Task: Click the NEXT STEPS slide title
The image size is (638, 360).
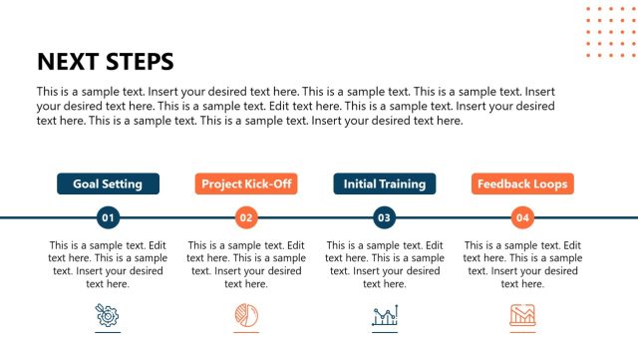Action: [105, 62]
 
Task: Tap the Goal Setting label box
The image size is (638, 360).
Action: [108, 183]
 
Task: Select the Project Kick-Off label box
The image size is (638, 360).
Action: [246, 183]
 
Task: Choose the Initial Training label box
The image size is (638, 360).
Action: [385, 183]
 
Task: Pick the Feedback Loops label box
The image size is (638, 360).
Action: [522, 183]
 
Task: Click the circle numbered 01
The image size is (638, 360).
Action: [108, 217]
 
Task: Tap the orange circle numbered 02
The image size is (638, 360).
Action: [246, 217]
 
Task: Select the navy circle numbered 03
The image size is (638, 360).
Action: [385, 217]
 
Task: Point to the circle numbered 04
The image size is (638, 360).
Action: [522, 217]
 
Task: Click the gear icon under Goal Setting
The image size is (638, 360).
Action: [108, 316]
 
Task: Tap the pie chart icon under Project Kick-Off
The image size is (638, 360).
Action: [246, 316]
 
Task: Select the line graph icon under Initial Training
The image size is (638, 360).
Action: [385, 316]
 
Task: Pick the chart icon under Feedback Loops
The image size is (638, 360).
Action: [522, 316]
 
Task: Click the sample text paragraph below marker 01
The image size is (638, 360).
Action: [108, 264]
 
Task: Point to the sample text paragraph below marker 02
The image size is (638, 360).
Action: [246, 264]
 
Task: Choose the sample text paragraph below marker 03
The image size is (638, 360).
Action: [385, 264]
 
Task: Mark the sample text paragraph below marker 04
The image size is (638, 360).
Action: [522, 264]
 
